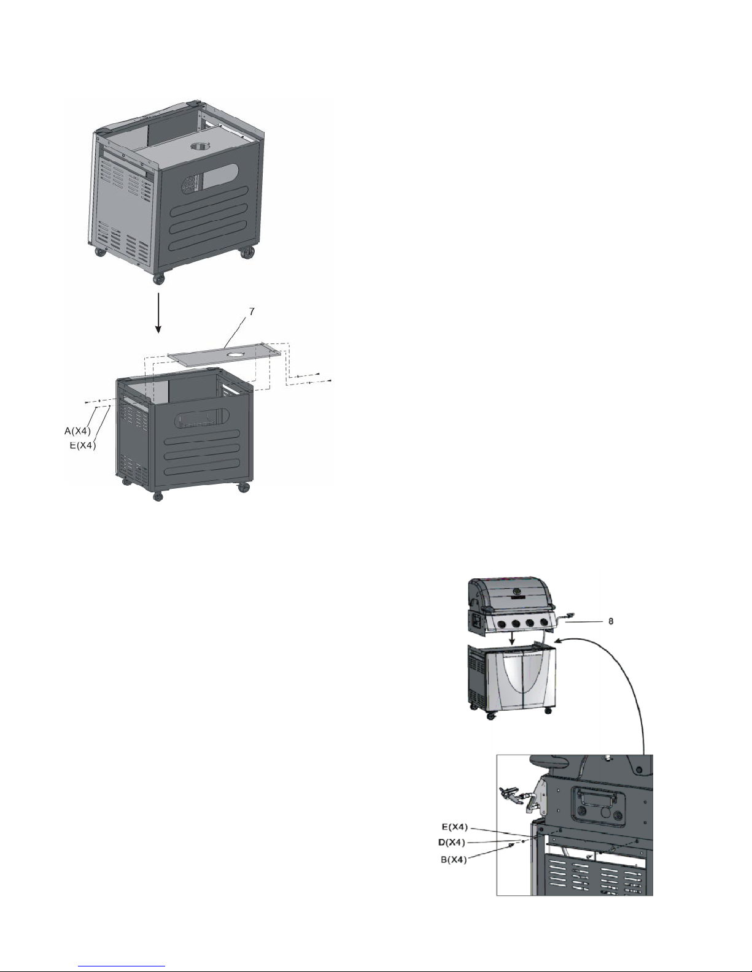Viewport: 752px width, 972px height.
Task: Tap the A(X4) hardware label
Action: [x=77, y=431]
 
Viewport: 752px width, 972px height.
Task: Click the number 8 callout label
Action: [x=611, y=621]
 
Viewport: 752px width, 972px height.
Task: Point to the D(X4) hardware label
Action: [x=449, y=842]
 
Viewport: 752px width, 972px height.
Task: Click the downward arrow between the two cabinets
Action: [x=159, y=313]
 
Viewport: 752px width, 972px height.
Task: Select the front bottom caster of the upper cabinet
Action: [x=159, y=279]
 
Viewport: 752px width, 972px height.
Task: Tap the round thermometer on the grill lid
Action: [x=517, y=593]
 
